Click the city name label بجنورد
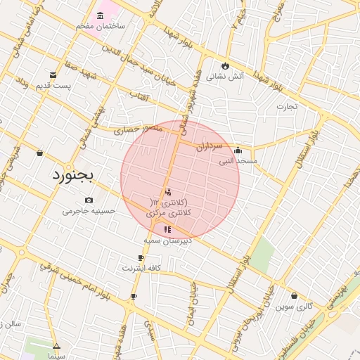pyautogui.click(x=72, y=175)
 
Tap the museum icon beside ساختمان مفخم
pyautogui.click(x=101, y=14)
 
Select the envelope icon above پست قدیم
pyautogui.click(x=53, y=75)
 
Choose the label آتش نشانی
pyautogui.click(x=227, y=75)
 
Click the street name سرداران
pyautogui.click(x=209, y=147)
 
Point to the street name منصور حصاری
pyautogui.click(x=139, y=129)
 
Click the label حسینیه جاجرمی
pyautogui.click(x=89, y=210)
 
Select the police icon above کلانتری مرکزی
pyautogui.click(x=167, y=192)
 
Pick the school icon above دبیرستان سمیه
pyautogui.click(x=167, y=229)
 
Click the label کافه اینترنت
pyautogui.click(x=142, y=268)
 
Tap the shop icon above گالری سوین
pyautogui.click(x=293, y=295)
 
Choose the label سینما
pyautogui.click(x=56, y=356)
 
